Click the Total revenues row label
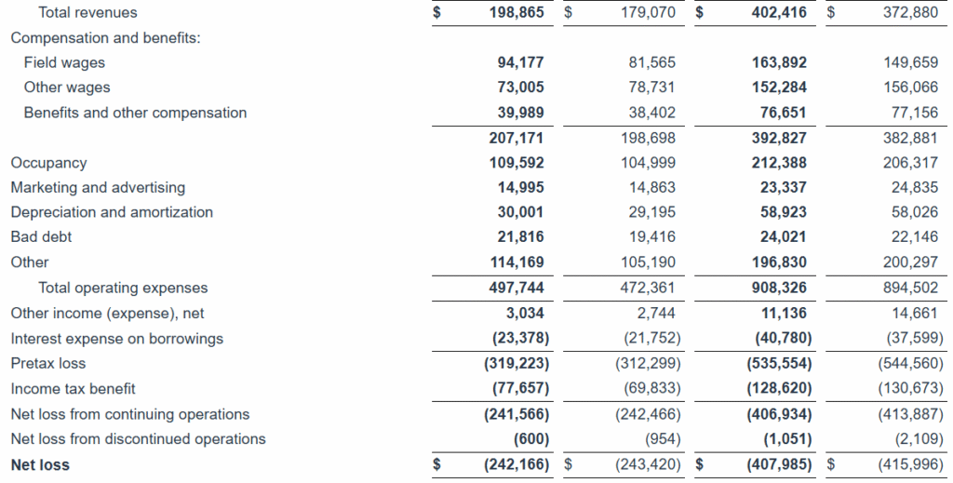tap(87, 12)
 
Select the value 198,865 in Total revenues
tap(517, 12)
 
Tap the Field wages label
tap(64, 62)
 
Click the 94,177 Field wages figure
tap(520, 62)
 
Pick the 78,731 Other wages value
tap(651, 87)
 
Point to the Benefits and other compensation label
tap(135, 113)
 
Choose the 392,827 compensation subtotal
tap(779, 138)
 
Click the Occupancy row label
tap(48, 163)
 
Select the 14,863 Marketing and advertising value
tap(651, 187)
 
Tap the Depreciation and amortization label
tap(112, 212)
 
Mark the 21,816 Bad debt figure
tap(520, 237)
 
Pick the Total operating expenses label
tap(123, 288)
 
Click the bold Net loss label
tap(40, 464)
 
